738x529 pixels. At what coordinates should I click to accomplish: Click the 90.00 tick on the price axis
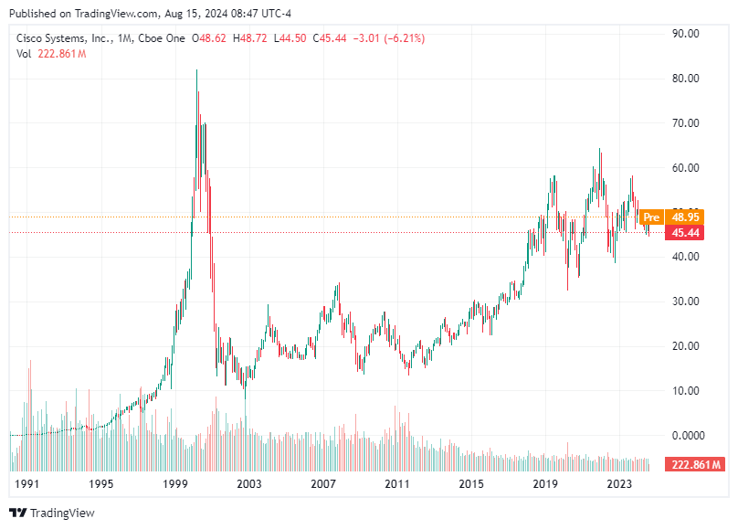(685, 33)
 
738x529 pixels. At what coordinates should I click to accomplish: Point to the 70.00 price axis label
(685, 122)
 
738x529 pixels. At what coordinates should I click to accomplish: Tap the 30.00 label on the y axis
(685, 302)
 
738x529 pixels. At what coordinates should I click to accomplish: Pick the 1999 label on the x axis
(175, 483)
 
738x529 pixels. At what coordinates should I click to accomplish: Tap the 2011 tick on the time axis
(397, 483)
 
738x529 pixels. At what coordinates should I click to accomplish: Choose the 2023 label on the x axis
(619, 483)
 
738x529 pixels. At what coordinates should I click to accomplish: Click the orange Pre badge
(651, 217)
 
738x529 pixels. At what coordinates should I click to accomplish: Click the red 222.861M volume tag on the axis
(695, 465)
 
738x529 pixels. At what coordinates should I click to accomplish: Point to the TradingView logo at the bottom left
(52, 513)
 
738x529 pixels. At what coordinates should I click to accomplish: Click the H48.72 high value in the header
(252, 38)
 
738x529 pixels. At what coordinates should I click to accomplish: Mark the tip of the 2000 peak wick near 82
(196, 70)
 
